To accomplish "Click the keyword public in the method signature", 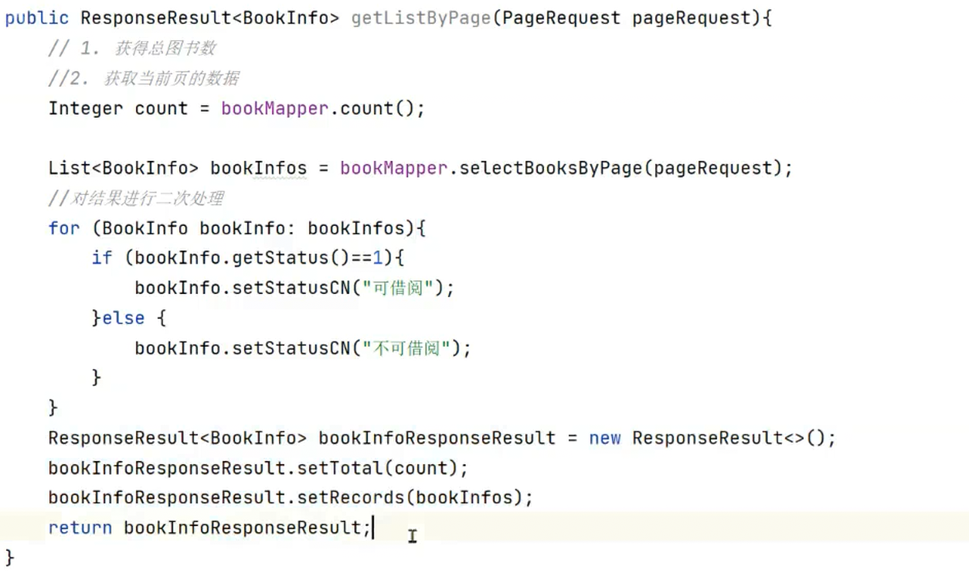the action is point(36,18).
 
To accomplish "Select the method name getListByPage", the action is point(420,18).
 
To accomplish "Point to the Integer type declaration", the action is point(85,108).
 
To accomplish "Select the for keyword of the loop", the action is point(63,228).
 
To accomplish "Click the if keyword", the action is point(101,258).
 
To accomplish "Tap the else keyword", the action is point(123,318).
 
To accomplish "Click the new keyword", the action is point(604,438).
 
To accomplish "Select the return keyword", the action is point(80,528).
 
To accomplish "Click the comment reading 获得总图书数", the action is point(165,48).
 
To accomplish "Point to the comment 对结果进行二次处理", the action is point(146,199).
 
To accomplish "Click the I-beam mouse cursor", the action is point(412,535).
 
